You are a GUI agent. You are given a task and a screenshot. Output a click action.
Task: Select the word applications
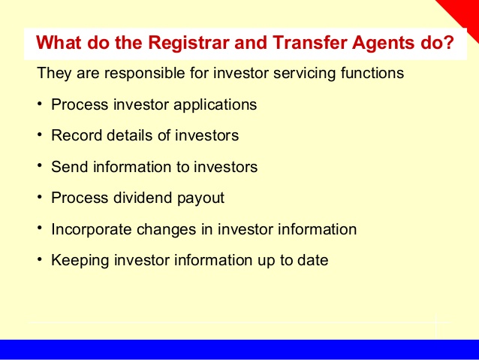215,105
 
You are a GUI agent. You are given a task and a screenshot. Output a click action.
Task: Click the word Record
77,135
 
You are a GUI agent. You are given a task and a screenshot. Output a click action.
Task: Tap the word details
130,135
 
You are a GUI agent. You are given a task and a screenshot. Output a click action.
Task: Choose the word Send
70,167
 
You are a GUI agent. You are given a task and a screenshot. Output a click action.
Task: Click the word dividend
143,198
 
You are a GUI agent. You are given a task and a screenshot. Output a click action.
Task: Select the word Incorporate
92,230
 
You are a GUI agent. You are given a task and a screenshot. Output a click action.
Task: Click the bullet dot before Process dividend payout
39,197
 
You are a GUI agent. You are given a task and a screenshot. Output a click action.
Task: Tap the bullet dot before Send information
39,165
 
